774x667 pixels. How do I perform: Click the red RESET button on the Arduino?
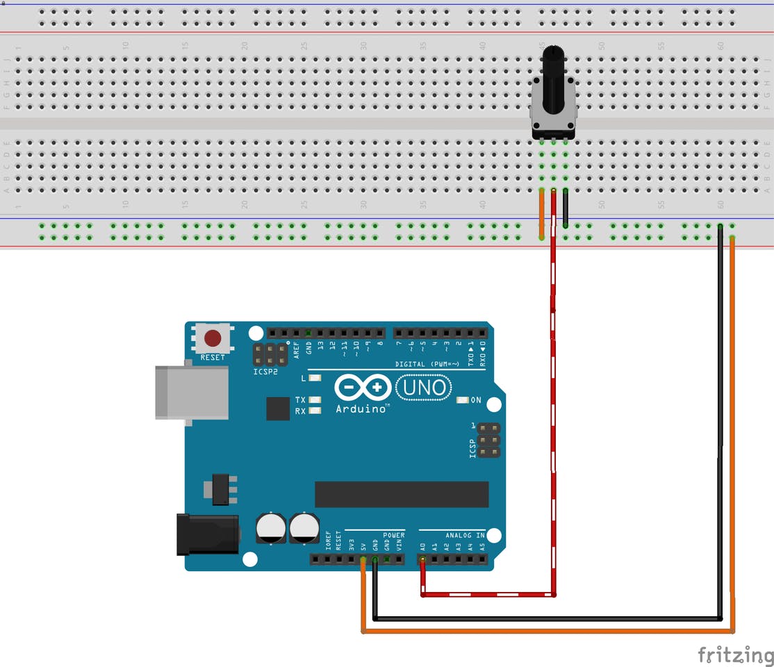[x=213, y=339]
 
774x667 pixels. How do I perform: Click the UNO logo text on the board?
[x=424, y=387]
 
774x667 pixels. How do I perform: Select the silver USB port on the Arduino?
[x=191, y=393]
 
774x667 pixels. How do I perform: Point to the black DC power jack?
[x=207, y=534]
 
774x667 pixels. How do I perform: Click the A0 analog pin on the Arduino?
[x=422, y=559]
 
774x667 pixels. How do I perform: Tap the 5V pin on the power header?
[x=363, y=559]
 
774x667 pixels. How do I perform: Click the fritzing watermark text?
[x=735, y=654]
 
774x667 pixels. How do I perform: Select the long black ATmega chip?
[x=402, y=494]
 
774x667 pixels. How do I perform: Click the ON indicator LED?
[x=463, y=400]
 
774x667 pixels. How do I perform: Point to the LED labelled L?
[x=315, y=379]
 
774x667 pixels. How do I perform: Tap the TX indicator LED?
[x=315, y=400]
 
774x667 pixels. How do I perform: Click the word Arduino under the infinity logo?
[x=361, y=409]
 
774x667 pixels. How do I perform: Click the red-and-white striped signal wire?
[x=554, y=417]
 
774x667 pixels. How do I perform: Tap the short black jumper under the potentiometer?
[x=566, y=208]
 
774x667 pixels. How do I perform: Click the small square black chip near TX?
[x=278, y=409]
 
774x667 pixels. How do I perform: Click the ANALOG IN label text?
[x=465, y=535]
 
